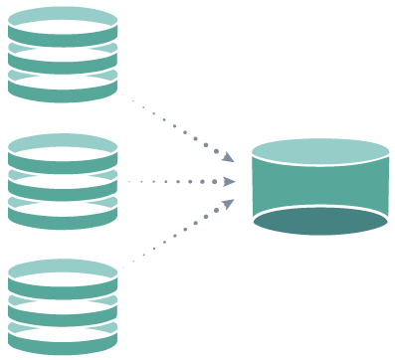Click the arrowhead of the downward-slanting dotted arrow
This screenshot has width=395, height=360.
228,156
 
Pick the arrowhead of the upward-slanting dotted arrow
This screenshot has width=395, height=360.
228,205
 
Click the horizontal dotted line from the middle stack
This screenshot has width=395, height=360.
174,182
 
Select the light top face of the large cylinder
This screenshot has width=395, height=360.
319,150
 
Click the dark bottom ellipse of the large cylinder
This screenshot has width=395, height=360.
319,220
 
